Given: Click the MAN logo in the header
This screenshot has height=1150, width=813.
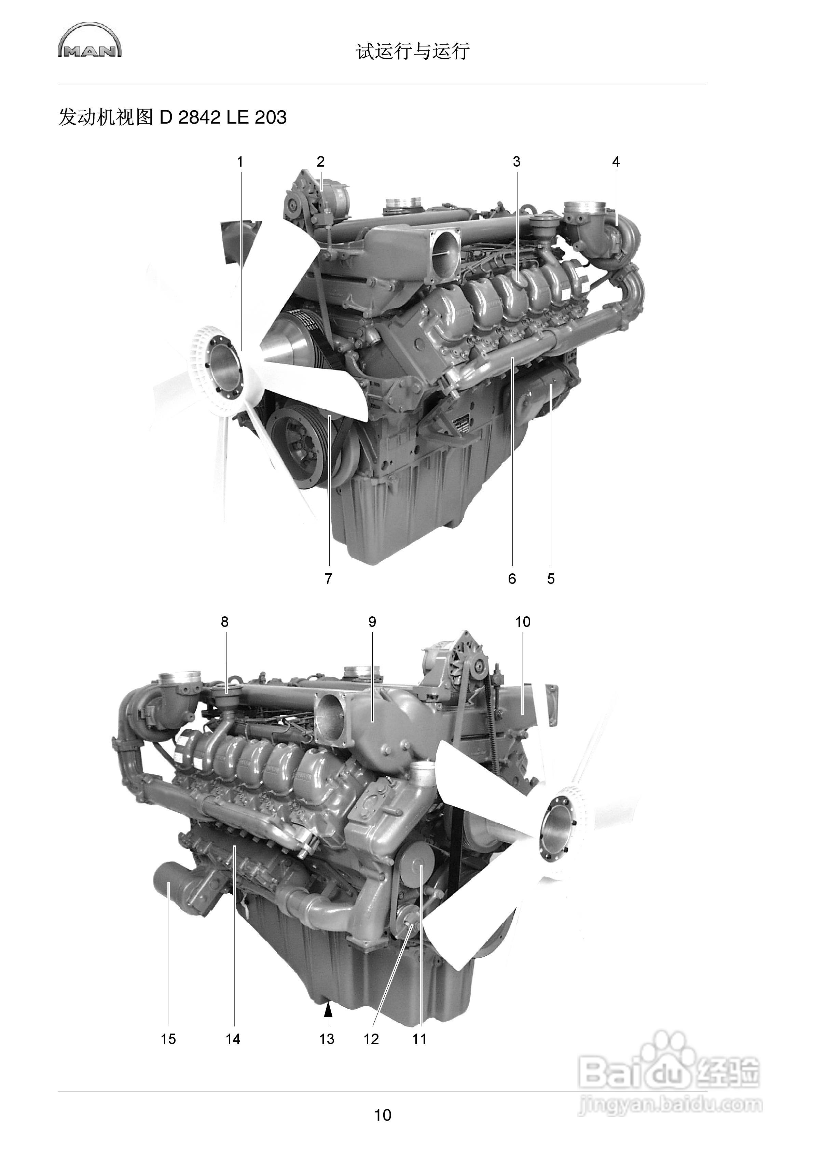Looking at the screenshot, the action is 90,40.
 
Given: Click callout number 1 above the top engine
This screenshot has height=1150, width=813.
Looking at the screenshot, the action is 240,162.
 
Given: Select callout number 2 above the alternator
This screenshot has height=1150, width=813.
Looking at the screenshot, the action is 320,162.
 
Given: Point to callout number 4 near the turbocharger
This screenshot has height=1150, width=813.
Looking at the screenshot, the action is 616,162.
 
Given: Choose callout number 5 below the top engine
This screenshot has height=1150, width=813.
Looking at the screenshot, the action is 551,579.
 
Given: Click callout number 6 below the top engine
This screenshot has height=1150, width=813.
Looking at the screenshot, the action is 512,579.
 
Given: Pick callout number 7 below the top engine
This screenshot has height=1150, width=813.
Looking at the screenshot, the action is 328,579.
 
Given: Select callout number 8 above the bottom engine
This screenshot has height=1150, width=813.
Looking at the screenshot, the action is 224,622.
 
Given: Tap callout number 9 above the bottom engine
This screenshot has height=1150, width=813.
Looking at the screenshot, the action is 372,622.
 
